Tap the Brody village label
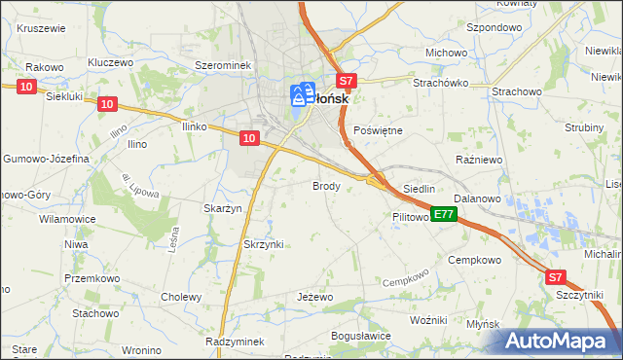click(x=325, y=185)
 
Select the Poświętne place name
click(x=377, y=129)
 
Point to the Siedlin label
click(x=419, y=189)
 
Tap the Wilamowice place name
click(x=67, y=219)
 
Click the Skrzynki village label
click(x=263, y=244)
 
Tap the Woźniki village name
click(x=427, y=320)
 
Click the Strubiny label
click(x=586, y=127)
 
